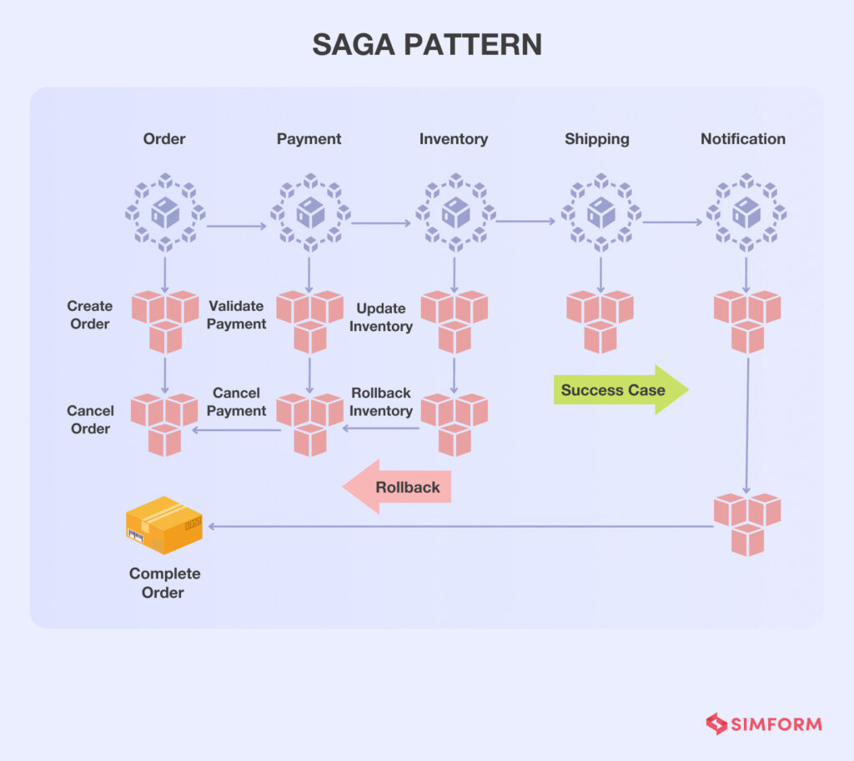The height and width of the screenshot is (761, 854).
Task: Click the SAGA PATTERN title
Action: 427,44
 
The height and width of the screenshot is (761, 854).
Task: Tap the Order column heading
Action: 164,139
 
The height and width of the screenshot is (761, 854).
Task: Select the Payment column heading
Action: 309,139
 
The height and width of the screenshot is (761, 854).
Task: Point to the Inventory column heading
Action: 454,139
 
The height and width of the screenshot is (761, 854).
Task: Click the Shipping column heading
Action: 597,139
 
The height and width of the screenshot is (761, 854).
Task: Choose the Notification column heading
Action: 742,139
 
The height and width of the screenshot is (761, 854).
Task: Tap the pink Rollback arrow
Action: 398,487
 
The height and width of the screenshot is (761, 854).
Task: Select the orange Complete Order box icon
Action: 163,525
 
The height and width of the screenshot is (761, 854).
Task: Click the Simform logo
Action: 764,723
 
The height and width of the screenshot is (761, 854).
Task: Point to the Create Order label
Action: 90,315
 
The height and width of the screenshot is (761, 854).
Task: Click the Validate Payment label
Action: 236,315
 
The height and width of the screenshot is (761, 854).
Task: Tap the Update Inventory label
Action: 380,318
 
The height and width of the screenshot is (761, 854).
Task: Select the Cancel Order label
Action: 90,419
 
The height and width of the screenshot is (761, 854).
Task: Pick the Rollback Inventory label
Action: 381,402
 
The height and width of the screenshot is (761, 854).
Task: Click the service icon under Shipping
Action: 600,213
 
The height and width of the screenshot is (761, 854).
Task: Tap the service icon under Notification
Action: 746,213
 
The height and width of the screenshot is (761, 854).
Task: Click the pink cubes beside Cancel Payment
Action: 309,424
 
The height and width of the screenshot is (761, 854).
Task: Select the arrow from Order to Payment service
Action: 237,225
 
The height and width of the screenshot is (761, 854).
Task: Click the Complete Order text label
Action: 164,583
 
